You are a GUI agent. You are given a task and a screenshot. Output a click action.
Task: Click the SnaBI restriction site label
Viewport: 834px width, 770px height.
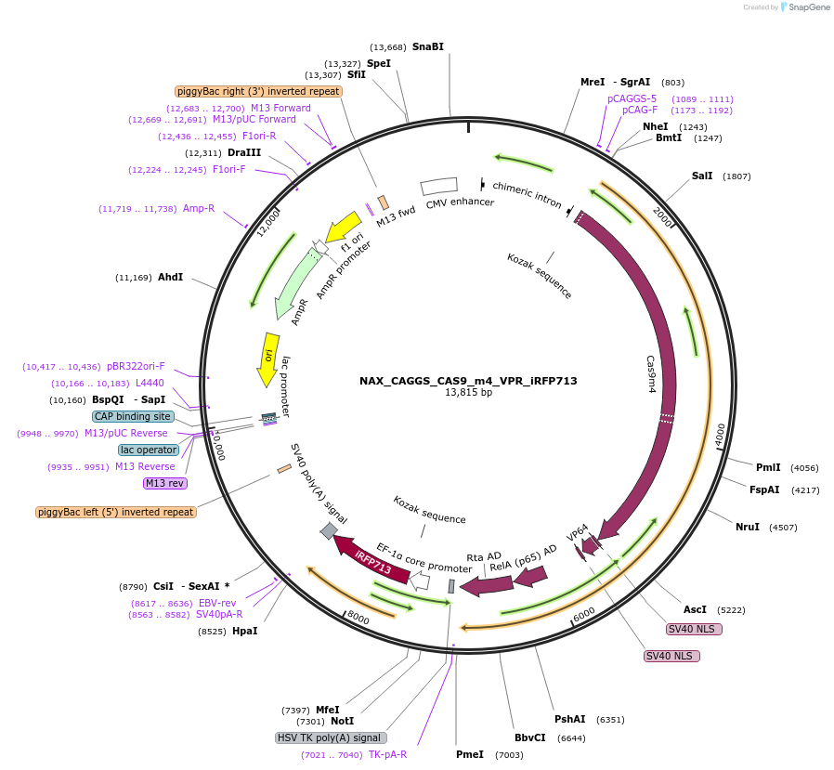428,46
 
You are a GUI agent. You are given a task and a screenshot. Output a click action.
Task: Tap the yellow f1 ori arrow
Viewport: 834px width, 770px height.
343,227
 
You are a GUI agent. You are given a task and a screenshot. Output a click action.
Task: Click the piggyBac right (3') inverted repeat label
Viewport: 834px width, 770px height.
258,91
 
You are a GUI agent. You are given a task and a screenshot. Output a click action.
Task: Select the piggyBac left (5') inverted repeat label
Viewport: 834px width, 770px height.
116,512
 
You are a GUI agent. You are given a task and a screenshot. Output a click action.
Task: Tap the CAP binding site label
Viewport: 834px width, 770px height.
133,416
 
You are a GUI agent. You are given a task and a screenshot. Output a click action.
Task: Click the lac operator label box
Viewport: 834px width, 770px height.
149,450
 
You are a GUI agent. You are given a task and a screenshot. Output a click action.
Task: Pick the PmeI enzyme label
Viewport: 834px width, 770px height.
470,754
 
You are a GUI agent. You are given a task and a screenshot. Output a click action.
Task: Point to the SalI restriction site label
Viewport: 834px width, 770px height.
702,176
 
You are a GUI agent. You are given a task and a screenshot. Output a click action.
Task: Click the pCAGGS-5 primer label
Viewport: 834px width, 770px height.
632,98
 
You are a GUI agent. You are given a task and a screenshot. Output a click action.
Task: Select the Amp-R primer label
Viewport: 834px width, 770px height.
199,208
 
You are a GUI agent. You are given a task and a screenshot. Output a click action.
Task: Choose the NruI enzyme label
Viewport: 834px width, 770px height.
748,527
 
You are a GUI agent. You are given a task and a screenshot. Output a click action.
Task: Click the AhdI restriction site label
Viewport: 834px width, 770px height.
170,277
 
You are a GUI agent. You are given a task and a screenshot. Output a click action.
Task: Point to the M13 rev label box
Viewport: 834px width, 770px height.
165,483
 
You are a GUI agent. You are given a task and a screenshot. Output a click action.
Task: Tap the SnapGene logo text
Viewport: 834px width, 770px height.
808,7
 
